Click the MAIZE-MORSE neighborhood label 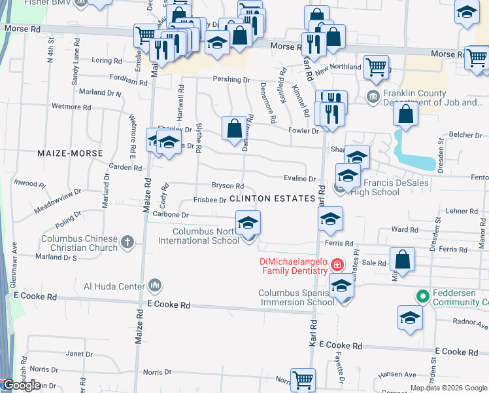(x=74, y=153)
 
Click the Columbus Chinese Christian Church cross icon (x=127, y=243)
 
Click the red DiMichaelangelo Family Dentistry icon (x=337, y=265)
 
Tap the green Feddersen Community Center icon (x=422, y=297)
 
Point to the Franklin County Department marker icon (x=373, y=98)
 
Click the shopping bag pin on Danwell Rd (x=234, y=128)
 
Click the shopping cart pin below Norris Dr (x=303, y=380)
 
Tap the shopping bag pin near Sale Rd (x=403, y=259)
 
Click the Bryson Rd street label (x=228, y=186)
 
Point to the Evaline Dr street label (x=299, y=179)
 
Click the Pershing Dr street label (x=231, y=80)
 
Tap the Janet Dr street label (x=79, y=354)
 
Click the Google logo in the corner (x=22, y=385)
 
